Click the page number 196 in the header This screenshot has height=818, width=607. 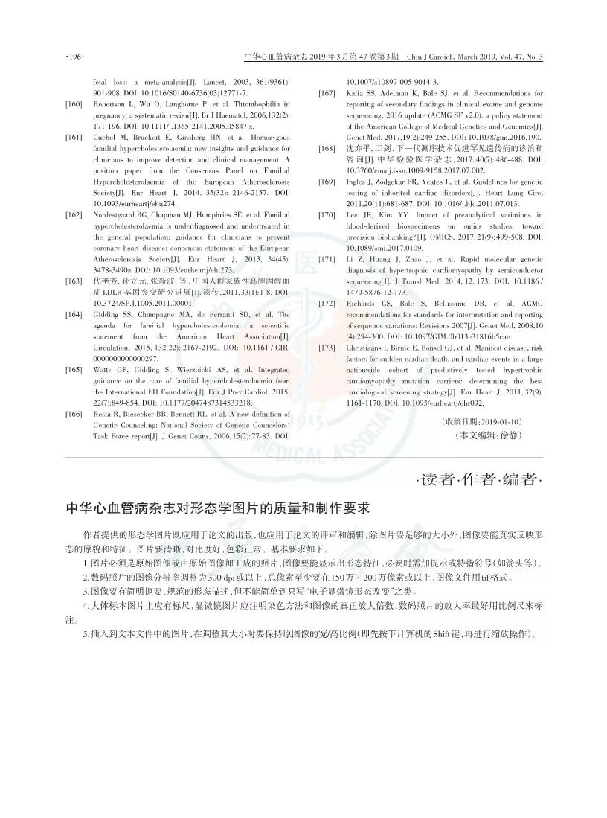coord(75,57)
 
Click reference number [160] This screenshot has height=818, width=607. coord(74,105)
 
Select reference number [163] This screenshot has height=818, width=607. coord(74,281)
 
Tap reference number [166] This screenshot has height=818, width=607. coord(74,414)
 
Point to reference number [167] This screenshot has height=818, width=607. coord(327,94)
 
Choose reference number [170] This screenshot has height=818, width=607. coord(327,215)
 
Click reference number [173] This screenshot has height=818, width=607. coord(327,348)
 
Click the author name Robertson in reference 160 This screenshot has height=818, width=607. coord(110,105)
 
